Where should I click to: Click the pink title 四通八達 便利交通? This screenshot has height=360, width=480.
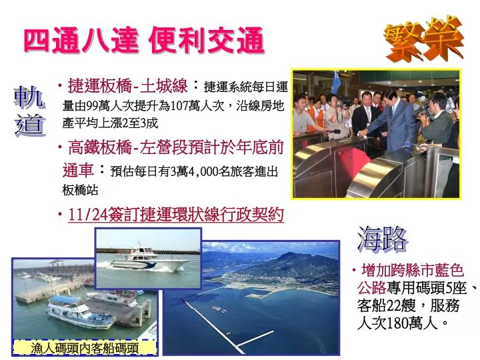144,40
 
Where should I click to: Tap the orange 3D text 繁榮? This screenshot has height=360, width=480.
424,39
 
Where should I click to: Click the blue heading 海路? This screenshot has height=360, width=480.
383,239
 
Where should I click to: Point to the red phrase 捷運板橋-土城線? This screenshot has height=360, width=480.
127,86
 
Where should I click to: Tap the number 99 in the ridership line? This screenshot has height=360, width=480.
93,106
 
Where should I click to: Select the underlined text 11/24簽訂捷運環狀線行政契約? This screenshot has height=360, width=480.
176,215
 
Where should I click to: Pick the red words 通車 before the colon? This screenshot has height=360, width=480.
78,170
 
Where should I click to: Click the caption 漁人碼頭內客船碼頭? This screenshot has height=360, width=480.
85,348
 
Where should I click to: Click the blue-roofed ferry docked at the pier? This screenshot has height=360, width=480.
80,312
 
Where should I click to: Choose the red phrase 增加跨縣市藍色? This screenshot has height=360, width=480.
413,270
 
